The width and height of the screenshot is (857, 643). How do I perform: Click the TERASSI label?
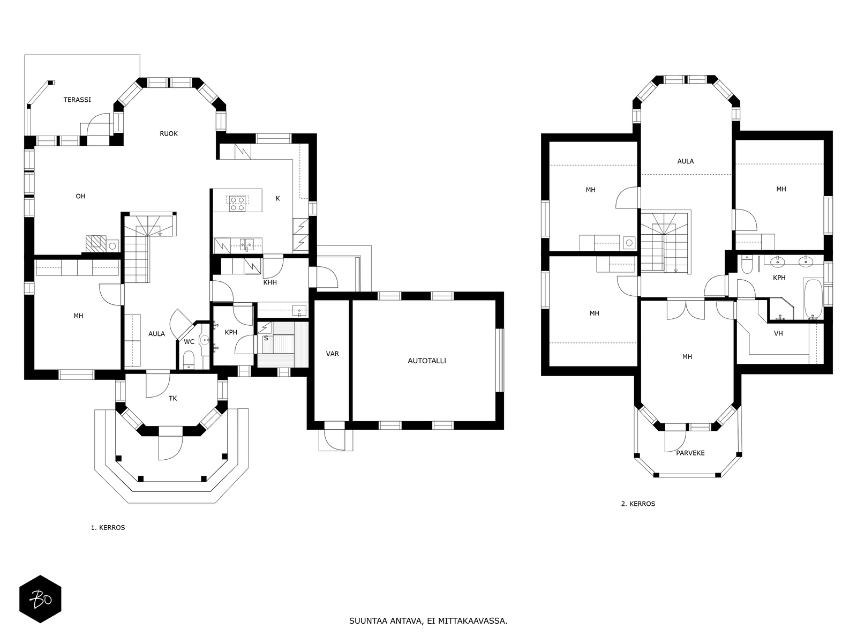click(77, 100)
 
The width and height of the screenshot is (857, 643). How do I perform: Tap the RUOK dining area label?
click(169, 133)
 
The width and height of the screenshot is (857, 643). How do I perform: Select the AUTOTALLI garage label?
click(427, 361)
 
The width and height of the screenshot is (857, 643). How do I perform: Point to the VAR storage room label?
click(332, 354)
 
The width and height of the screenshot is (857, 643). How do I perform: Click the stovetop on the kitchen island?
click(237, 204)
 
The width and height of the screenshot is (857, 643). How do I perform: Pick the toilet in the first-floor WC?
click(189, 360)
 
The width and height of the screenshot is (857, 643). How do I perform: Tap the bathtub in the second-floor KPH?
click(813, 299)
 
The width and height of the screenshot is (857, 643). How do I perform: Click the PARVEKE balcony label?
click(690, 453)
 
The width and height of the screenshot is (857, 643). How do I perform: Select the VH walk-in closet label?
click(778, 333)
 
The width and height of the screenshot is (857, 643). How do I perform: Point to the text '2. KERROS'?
click(638, 504)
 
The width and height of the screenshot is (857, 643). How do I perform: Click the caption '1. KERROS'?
click(108, 527)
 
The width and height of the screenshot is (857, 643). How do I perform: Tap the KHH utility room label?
click(270, 282)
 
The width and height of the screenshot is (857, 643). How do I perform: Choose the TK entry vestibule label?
click(172, 398)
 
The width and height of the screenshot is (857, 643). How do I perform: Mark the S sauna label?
click(266, 338)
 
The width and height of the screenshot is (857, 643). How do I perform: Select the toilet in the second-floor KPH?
click(747, 265)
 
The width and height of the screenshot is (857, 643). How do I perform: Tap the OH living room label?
click(80, 196)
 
